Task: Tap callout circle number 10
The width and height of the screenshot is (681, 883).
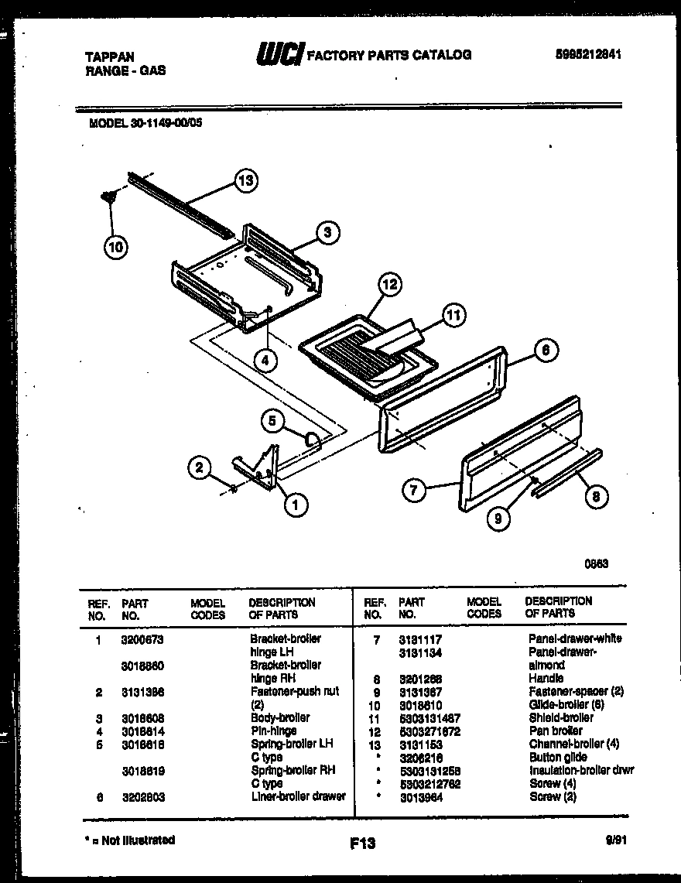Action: (x=115, y=248)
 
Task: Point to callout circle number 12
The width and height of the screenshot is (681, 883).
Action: (x=389, y=286)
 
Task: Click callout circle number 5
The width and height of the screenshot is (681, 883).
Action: (x=272, y=421)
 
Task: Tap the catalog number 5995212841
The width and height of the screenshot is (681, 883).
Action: (x=589, y=55)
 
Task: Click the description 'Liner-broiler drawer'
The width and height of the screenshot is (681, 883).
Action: (x=297, y=797)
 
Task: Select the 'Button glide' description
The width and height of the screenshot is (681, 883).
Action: (x=557, y=757)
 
